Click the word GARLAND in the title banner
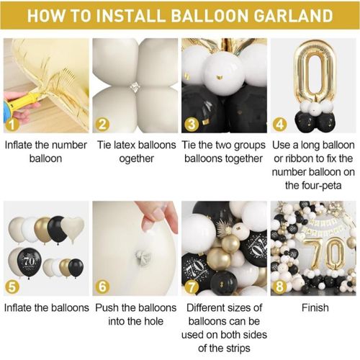(x=293, y=16)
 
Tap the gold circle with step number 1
(x=12, y=125)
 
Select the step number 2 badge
(x=102, y=125)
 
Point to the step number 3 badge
(x=192, y=125)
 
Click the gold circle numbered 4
(x=280, y=125)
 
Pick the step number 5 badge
(x=12, y=287)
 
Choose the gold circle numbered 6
(x=102, y=287)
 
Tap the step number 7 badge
(x=192, y=287)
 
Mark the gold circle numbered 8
(x=280, y=287)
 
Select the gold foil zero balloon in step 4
(x=315, y=71)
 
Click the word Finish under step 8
(x=315, y=308)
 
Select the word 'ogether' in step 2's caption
(x=136, y=159)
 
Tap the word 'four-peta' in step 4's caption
(x=313, y=186)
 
